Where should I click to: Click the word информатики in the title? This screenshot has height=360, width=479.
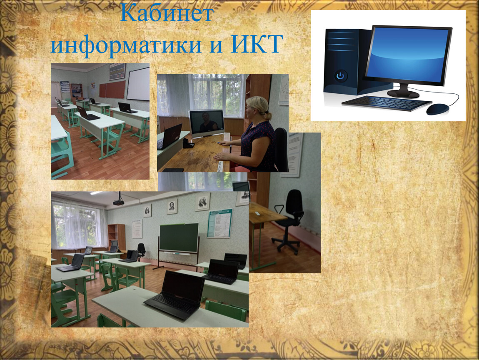(x=126, y=44)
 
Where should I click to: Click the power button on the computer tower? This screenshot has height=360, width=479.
(x=340, y=75)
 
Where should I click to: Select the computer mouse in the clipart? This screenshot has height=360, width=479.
(x=438, y=109)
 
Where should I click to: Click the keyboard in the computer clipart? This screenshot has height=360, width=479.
(x=387, y=102)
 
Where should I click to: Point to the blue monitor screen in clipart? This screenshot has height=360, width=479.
(x=407, y=55)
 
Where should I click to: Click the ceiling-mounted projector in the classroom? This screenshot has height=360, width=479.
(x=119, y=200)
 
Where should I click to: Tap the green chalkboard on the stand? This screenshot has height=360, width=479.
(x=179, y=238)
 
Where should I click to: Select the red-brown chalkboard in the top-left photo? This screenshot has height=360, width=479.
(x=112, y=89)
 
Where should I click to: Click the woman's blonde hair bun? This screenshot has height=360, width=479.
(x=267, y=116)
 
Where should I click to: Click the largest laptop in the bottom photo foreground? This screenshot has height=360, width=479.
(x=175, y=294)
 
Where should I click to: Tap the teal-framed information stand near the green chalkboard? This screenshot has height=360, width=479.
(x=220, y=223)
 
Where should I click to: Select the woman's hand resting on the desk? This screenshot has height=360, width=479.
(x=221, y=157)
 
